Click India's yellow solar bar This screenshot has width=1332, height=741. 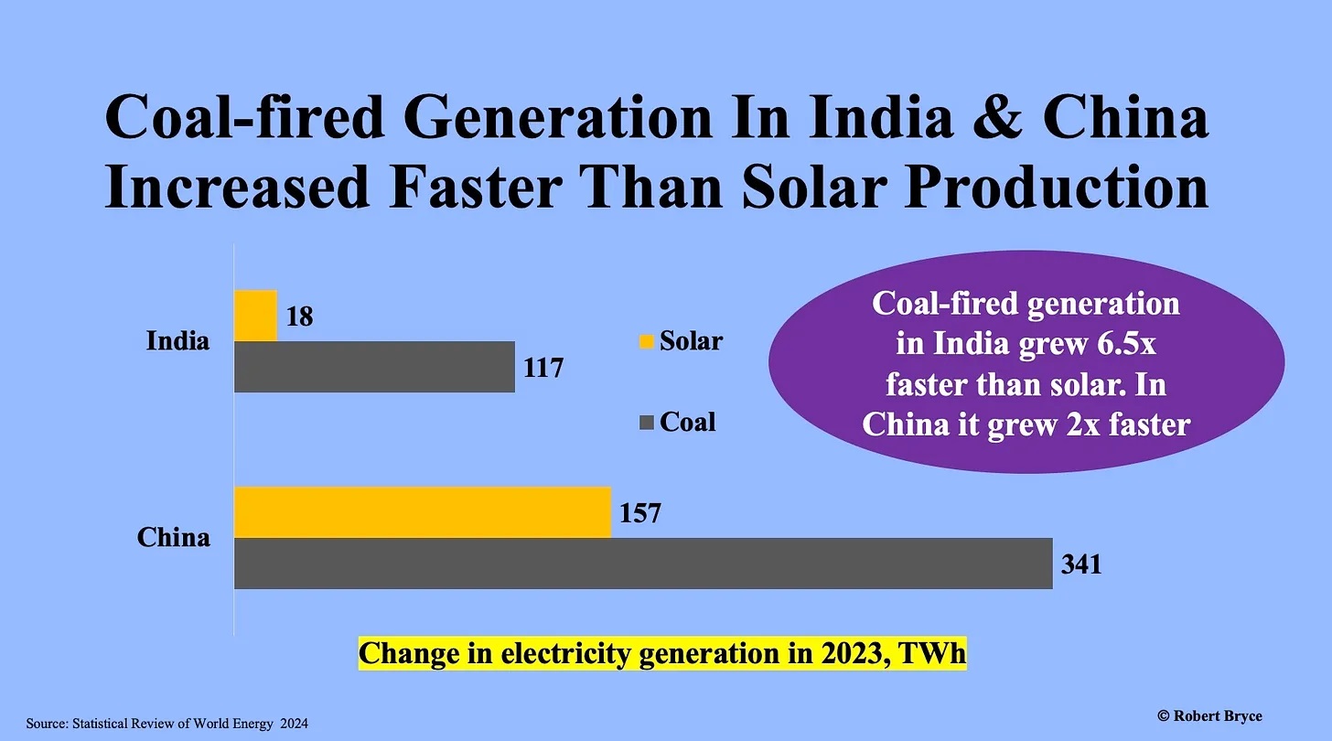click(255, 316)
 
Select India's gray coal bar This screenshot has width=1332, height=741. click(374, 367)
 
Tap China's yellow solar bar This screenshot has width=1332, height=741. click(422, 512)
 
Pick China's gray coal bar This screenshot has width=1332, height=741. click(643, 564)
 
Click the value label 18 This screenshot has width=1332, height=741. click(299, 317)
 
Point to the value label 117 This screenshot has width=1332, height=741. click(543, 368)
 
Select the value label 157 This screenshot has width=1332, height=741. click(639, 513)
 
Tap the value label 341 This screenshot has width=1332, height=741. click(1080, 564)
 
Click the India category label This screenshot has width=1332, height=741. click(177, 341)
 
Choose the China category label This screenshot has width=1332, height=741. click(174, 537)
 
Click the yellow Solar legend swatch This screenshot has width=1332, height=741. click(647, 342)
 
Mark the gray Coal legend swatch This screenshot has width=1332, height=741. click(647, 423)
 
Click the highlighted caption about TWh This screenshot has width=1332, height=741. click(661, 654)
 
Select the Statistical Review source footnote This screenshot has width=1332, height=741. click(166, 724)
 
